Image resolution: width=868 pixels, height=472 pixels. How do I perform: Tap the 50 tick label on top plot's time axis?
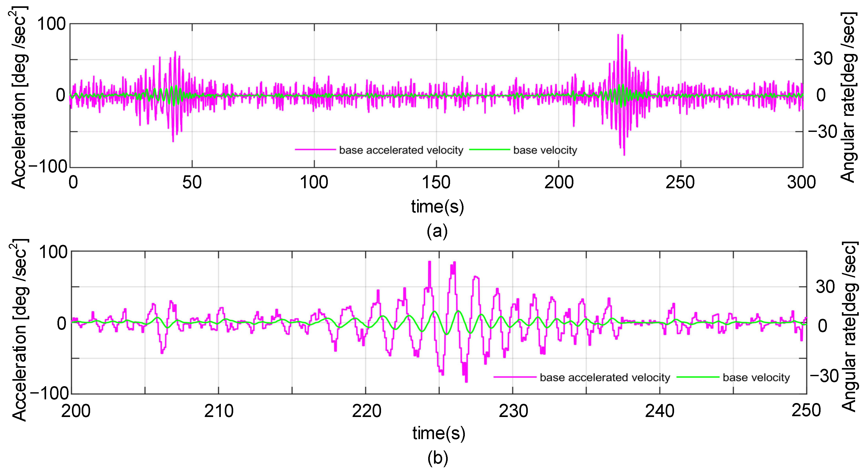pyautogui.click(x=192, y=182)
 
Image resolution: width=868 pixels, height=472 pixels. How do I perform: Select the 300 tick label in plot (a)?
pyautogui.click(x=801, y=182)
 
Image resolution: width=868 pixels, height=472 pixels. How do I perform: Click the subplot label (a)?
pyautogui.click(x=437, y=231)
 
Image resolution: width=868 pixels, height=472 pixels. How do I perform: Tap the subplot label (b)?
pyautogui.click(x=438, y=458)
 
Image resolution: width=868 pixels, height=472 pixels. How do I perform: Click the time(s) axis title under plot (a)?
pyautogui.click(x=437, y=206)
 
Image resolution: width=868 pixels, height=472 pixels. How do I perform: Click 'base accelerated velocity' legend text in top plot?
pyautogui.click(x=401, y=150)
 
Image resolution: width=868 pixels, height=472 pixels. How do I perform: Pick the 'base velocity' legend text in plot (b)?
pyautogui.click(x=756, y=377)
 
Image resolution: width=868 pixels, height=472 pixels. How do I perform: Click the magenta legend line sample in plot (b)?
pyautogui.click(x=515, y=377)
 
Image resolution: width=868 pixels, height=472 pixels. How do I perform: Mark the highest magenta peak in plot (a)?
pyautogui.click(x=618, y=35)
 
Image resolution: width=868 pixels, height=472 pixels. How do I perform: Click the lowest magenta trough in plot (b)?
pyautogui.click(x=466, y=381)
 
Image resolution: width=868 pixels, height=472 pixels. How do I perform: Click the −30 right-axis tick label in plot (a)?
pyautogui.click(x=822, y=132)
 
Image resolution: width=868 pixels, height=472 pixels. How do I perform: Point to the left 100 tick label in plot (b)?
pyautogui.click(x=53, y=252)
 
